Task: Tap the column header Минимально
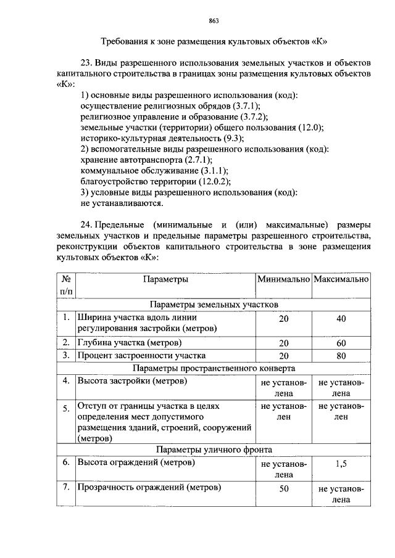tap(283, 279)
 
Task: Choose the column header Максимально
tap(341, 279)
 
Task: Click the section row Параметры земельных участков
tap(214, 305)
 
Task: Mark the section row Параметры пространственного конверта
tap(214, 368)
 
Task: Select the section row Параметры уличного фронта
tap(214, 449)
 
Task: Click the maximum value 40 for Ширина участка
tap(341, 318)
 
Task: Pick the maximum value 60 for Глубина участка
tap(341, 343)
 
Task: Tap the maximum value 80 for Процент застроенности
tap(341, 356)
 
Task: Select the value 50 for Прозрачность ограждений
tap(283, 488)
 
